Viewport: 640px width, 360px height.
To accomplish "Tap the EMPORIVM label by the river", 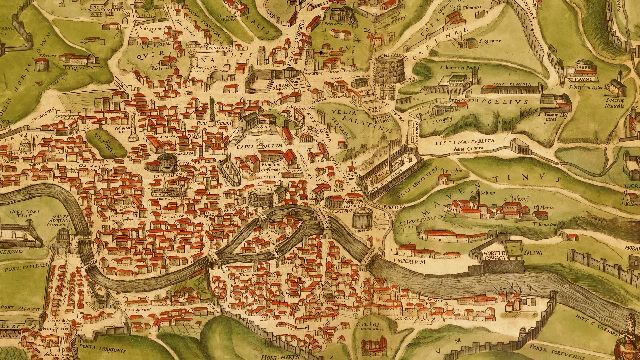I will point(410,262).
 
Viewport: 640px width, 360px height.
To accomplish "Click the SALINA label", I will point(533,253).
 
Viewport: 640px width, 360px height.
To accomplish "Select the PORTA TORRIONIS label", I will point(102,350).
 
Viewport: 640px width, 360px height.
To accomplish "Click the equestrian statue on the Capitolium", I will point(260,143).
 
